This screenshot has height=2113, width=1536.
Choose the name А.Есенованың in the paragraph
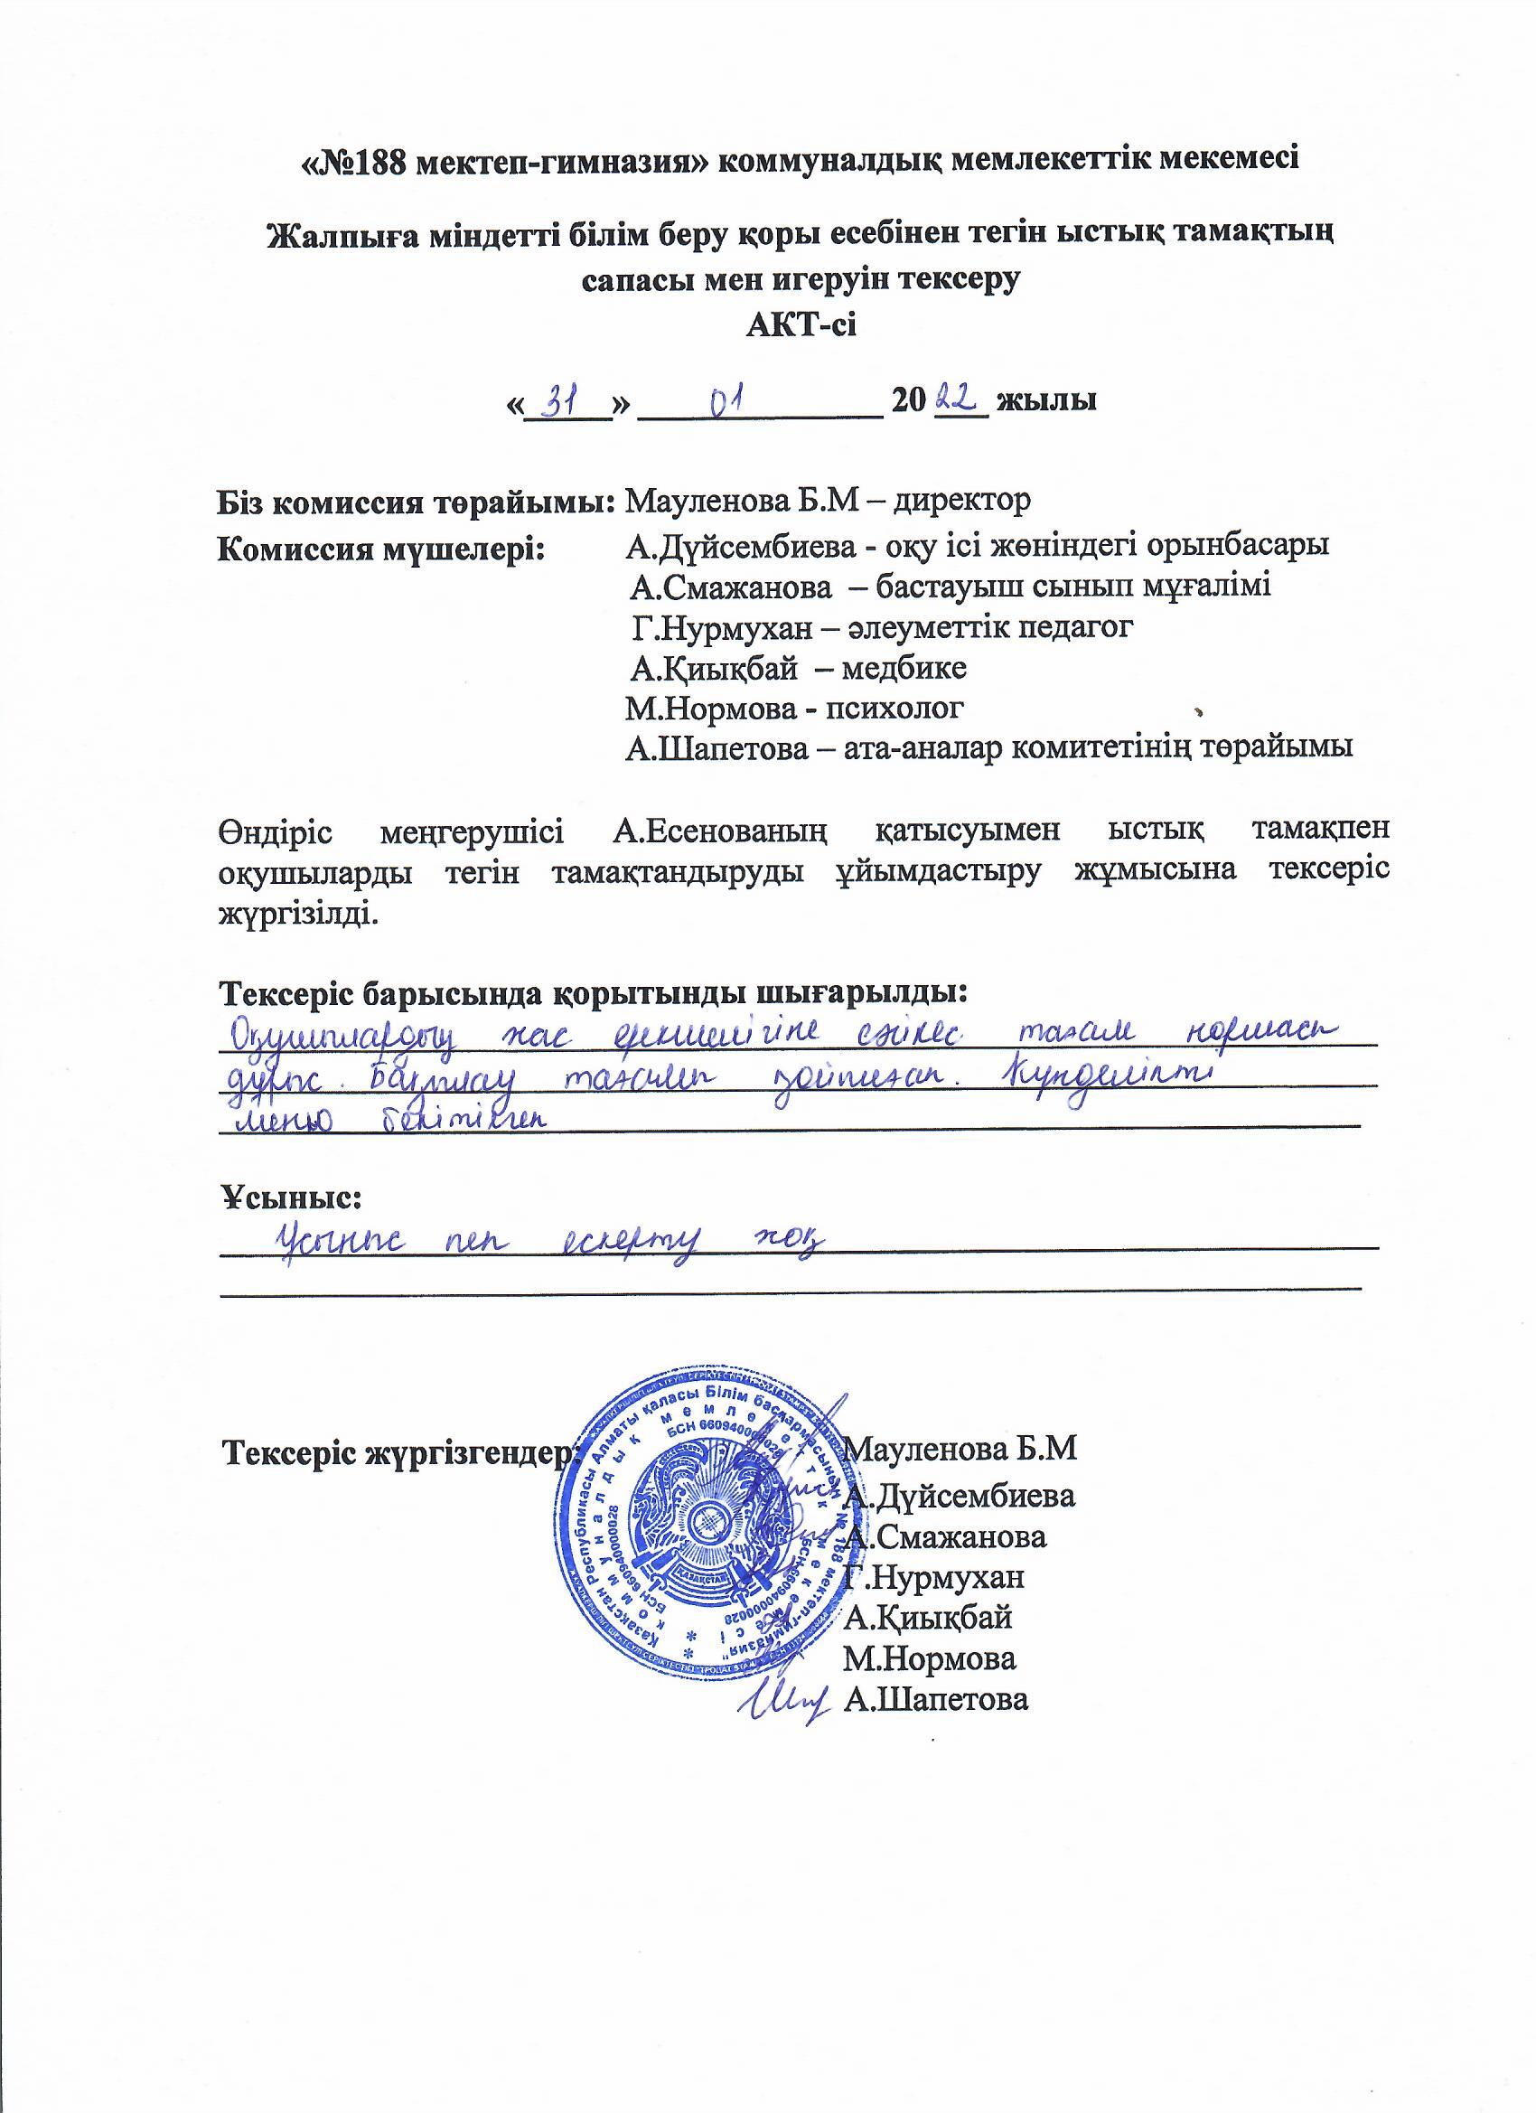(722, 829)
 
